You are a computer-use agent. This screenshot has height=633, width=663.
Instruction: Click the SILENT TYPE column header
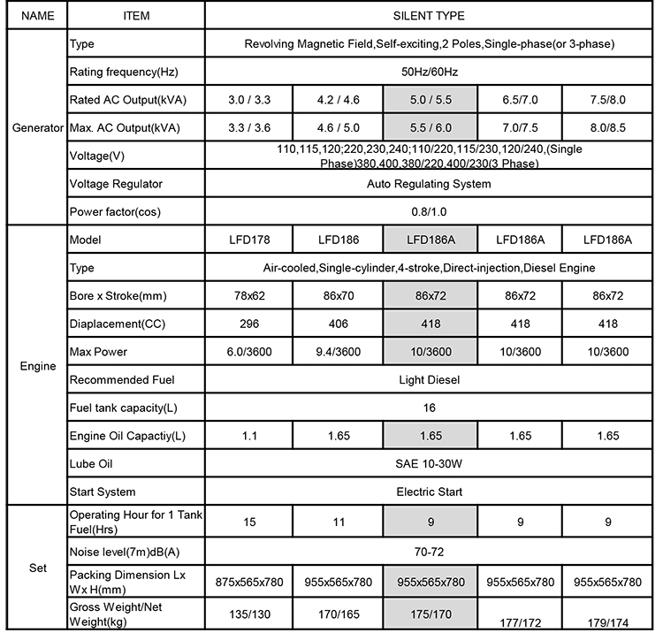(x=428, y=16)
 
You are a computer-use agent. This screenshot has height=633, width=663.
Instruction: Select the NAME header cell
(x=32, y=16)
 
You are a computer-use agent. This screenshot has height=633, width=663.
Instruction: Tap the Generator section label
(x=33, y=128)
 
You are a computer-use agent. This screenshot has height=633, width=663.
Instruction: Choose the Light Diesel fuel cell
(x=428, y=380)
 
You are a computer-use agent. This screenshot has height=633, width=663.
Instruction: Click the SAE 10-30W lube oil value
(x=428, y=464)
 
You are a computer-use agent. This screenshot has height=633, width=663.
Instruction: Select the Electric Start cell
(x=428, y=492)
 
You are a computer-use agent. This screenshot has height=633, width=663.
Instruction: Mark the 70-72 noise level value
(x=428, y=552)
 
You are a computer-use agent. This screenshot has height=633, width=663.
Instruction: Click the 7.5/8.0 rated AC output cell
(x=607, y=100)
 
